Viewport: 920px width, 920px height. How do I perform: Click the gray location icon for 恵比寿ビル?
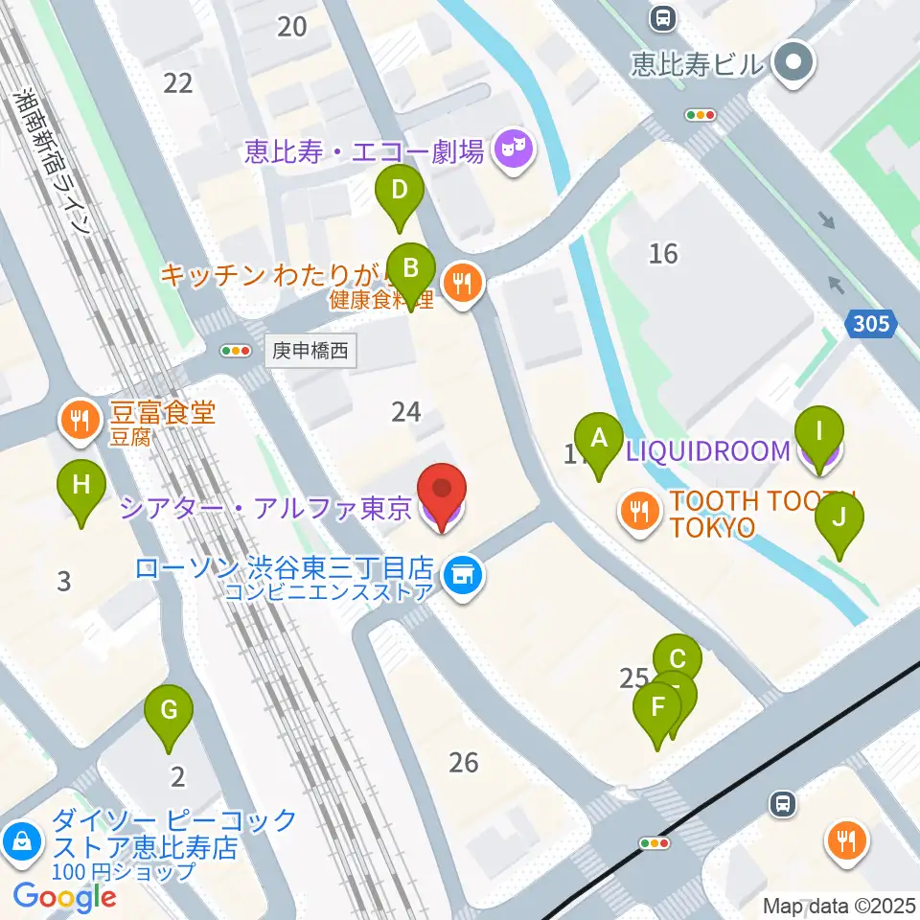coord(793,64)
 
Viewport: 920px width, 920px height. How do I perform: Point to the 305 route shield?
coord(871,325)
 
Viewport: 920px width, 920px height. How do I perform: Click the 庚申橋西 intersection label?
coord(310,352)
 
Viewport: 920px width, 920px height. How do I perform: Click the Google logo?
coord(65,897)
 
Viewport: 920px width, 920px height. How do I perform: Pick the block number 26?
coord(463,763)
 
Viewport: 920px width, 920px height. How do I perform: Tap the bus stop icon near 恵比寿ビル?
coord(662,18)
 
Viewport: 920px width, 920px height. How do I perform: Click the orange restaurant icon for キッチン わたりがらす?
coord(464,283)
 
